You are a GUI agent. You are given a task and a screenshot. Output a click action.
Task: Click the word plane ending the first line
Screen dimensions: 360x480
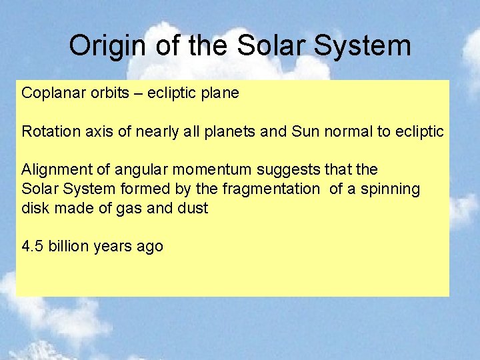point(219,93)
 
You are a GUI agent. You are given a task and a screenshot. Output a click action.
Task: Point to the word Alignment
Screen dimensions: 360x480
point(52,171)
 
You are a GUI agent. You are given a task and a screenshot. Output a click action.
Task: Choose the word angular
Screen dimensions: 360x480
point(124,171)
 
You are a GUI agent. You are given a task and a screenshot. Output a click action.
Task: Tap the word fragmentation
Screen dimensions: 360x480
point(271,189)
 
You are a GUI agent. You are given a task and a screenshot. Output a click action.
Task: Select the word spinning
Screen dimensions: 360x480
point(392,189)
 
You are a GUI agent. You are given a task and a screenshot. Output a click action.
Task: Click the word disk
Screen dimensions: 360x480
point(33,208)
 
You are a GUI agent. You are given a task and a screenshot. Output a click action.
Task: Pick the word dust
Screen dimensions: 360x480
point(194,208)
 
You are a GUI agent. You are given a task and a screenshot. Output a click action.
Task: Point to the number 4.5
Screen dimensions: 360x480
point(31,247)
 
